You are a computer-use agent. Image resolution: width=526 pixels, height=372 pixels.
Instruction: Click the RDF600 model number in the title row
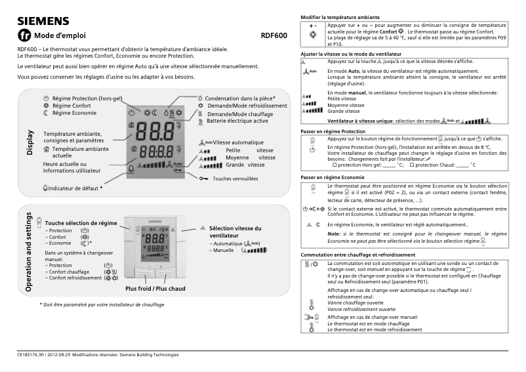click(273, 35)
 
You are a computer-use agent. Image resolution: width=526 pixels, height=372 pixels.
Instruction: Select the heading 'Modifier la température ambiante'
click(340, 16)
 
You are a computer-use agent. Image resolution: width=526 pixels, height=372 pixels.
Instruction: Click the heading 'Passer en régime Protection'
click(333, 131)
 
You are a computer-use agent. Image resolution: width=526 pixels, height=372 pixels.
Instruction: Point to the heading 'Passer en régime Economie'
click(332, 178)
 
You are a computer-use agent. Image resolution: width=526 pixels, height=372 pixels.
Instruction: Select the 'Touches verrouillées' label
click(235, 178)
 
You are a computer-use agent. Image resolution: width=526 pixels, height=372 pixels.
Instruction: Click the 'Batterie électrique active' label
click(237, 121)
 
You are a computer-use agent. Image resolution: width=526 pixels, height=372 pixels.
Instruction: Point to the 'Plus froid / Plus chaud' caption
click(155, 289)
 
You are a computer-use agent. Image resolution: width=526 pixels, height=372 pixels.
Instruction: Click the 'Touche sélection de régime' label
click(81, 223)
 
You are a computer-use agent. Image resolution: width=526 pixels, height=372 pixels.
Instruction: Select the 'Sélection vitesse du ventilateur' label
click(235, 232)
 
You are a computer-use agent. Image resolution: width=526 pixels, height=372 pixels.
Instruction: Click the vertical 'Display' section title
click(30, 143)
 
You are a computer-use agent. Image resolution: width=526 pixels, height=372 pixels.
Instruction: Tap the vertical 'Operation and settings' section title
click(30, 252)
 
